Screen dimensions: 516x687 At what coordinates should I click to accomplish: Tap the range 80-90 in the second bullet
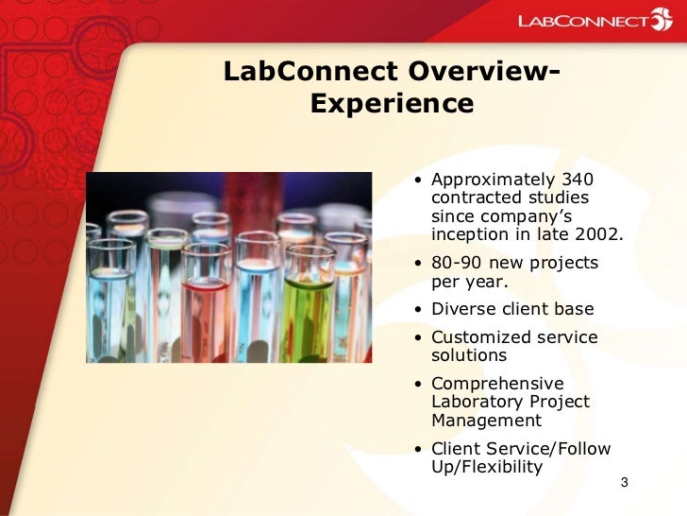click(x=461, y=263)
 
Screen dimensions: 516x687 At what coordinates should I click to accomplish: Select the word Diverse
click(x=463, y=309)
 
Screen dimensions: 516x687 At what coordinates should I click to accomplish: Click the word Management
click(x=486, y=421)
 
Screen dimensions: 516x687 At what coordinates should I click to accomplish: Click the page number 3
click(x=624, y=485)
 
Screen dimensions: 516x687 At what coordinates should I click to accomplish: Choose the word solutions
click(x=468, y=355)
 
